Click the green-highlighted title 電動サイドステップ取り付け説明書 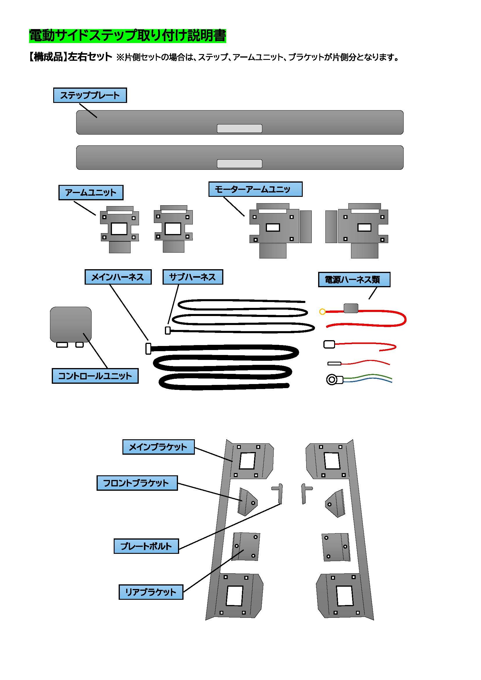pos(127,36)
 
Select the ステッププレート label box pos(90,95)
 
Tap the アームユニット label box pos(91,192)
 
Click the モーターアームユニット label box pos(255,189)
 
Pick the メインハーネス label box pos(118,277)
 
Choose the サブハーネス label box pos(193,277)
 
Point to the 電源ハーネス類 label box pos(354,280)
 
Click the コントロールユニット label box pos(95,376)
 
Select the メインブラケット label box pos(158,447)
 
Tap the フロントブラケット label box pos(137,483)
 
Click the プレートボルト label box pos(146,546)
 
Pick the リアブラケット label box pos(151,592)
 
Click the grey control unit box pos(70,324)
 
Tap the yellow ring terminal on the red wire pos(323,312)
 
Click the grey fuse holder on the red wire pos(351,308)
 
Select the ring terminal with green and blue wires pos(332,380)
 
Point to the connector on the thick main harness pos(148,349)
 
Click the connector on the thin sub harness pos(168,331)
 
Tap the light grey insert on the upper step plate pos(239,128)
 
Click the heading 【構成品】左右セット pos(70,57)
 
